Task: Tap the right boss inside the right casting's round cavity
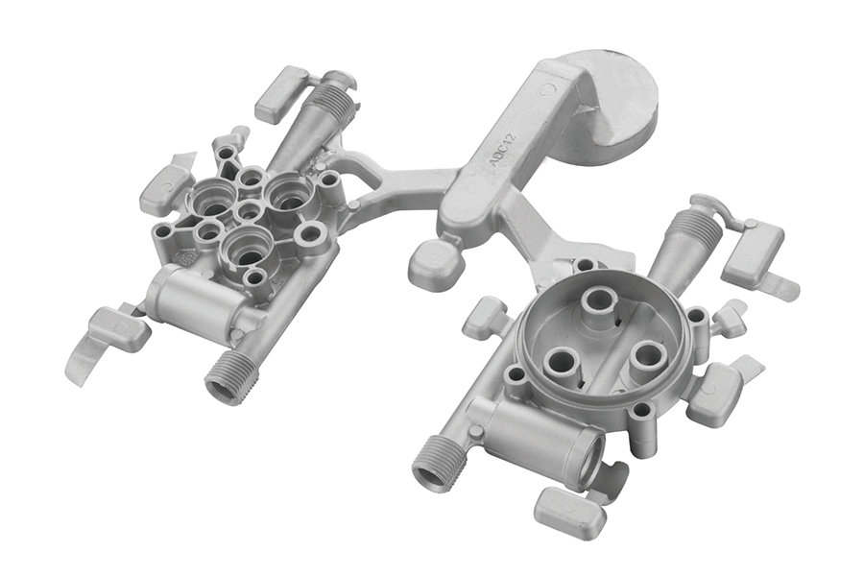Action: (647, 355)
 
